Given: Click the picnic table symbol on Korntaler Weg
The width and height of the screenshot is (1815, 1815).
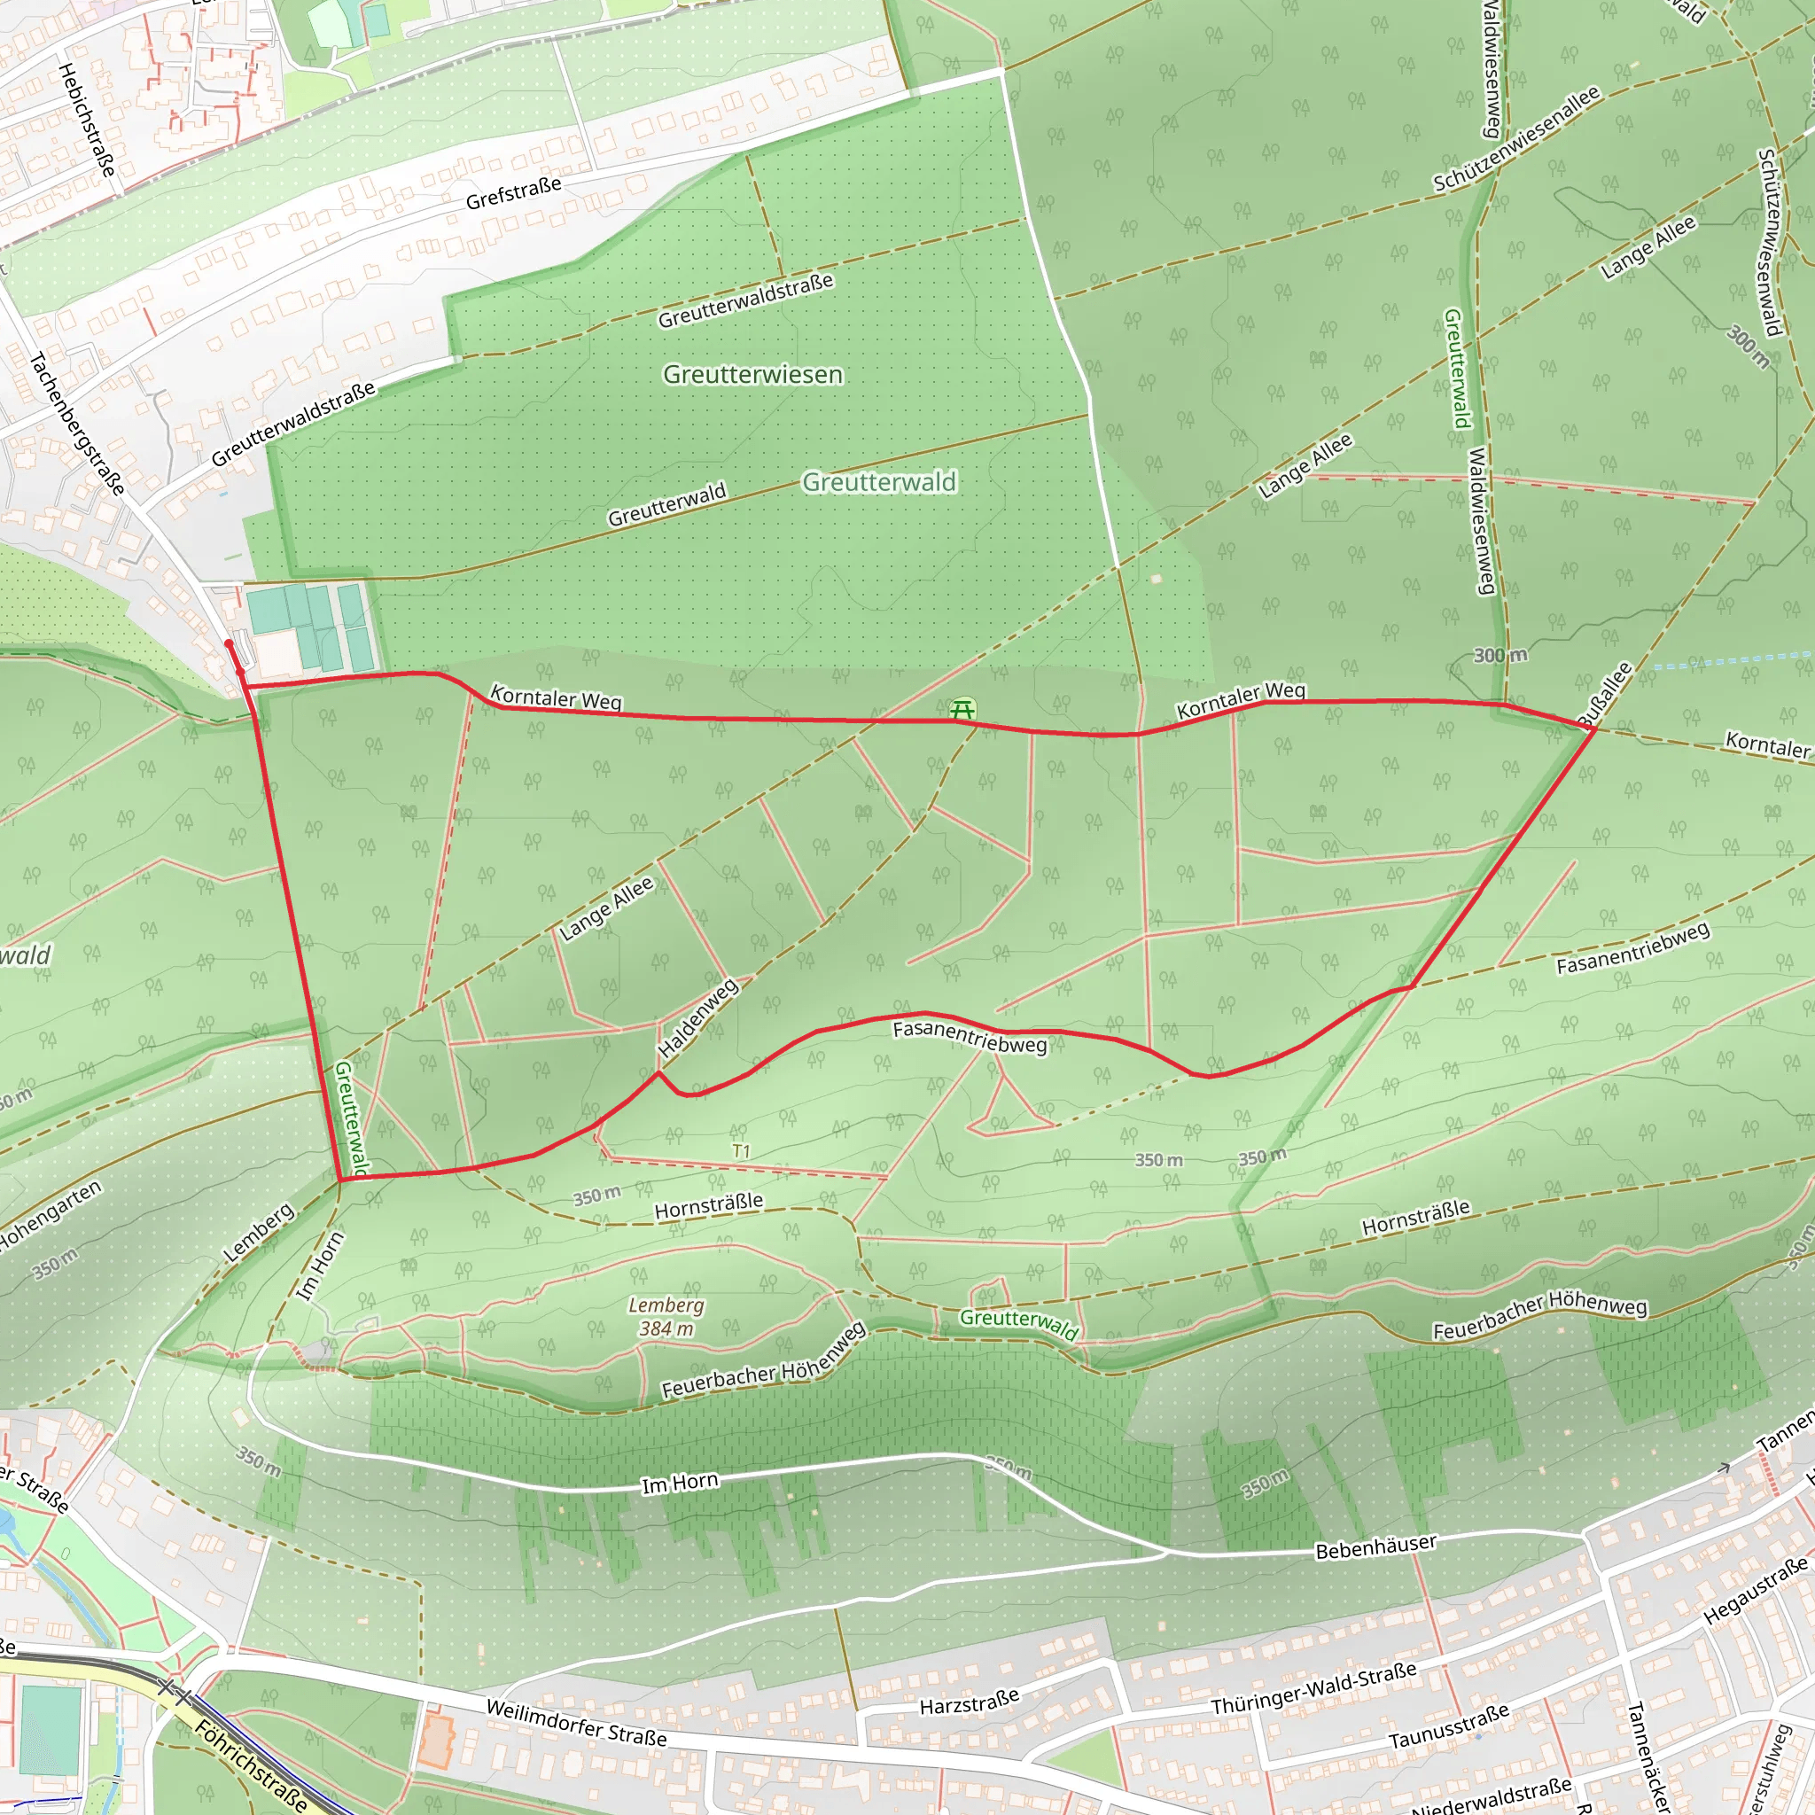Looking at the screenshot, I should pos(962,709).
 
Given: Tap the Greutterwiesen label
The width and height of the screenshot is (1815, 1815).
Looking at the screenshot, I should pos(752,375).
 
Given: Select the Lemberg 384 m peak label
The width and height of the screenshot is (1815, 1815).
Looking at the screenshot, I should pos(666,1316).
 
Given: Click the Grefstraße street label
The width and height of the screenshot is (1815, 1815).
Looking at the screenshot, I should pos(514,192).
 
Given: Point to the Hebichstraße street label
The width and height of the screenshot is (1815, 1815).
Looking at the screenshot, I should pos(88,121).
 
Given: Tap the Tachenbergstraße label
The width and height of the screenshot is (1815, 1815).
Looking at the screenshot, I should pos(77,423).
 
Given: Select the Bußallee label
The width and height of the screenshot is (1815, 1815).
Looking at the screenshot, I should pos(1606,695).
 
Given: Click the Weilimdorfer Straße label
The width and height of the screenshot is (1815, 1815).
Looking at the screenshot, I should pos(576,1723).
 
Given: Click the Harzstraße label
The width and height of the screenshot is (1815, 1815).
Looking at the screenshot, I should pos(969,1702).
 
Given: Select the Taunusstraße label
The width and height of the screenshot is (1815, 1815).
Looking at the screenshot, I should pos(1449,1726).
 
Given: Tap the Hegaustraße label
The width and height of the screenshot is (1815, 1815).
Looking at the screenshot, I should pos(1755,1590).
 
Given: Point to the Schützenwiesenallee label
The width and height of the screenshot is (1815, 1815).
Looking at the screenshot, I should pos(1515,140).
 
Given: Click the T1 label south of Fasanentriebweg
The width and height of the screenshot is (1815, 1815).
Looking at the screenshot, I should pos(741,1151).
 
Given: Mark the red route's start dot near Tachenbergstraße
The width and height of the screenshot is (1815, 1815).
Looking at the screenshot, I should pos(229,643).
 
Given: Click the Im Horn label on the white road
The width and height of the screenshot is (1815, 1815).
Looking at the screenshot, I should pos(679,1484).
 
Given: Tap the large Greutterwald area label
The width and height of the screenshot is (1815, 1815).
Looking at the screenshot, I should pos(878,482).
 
